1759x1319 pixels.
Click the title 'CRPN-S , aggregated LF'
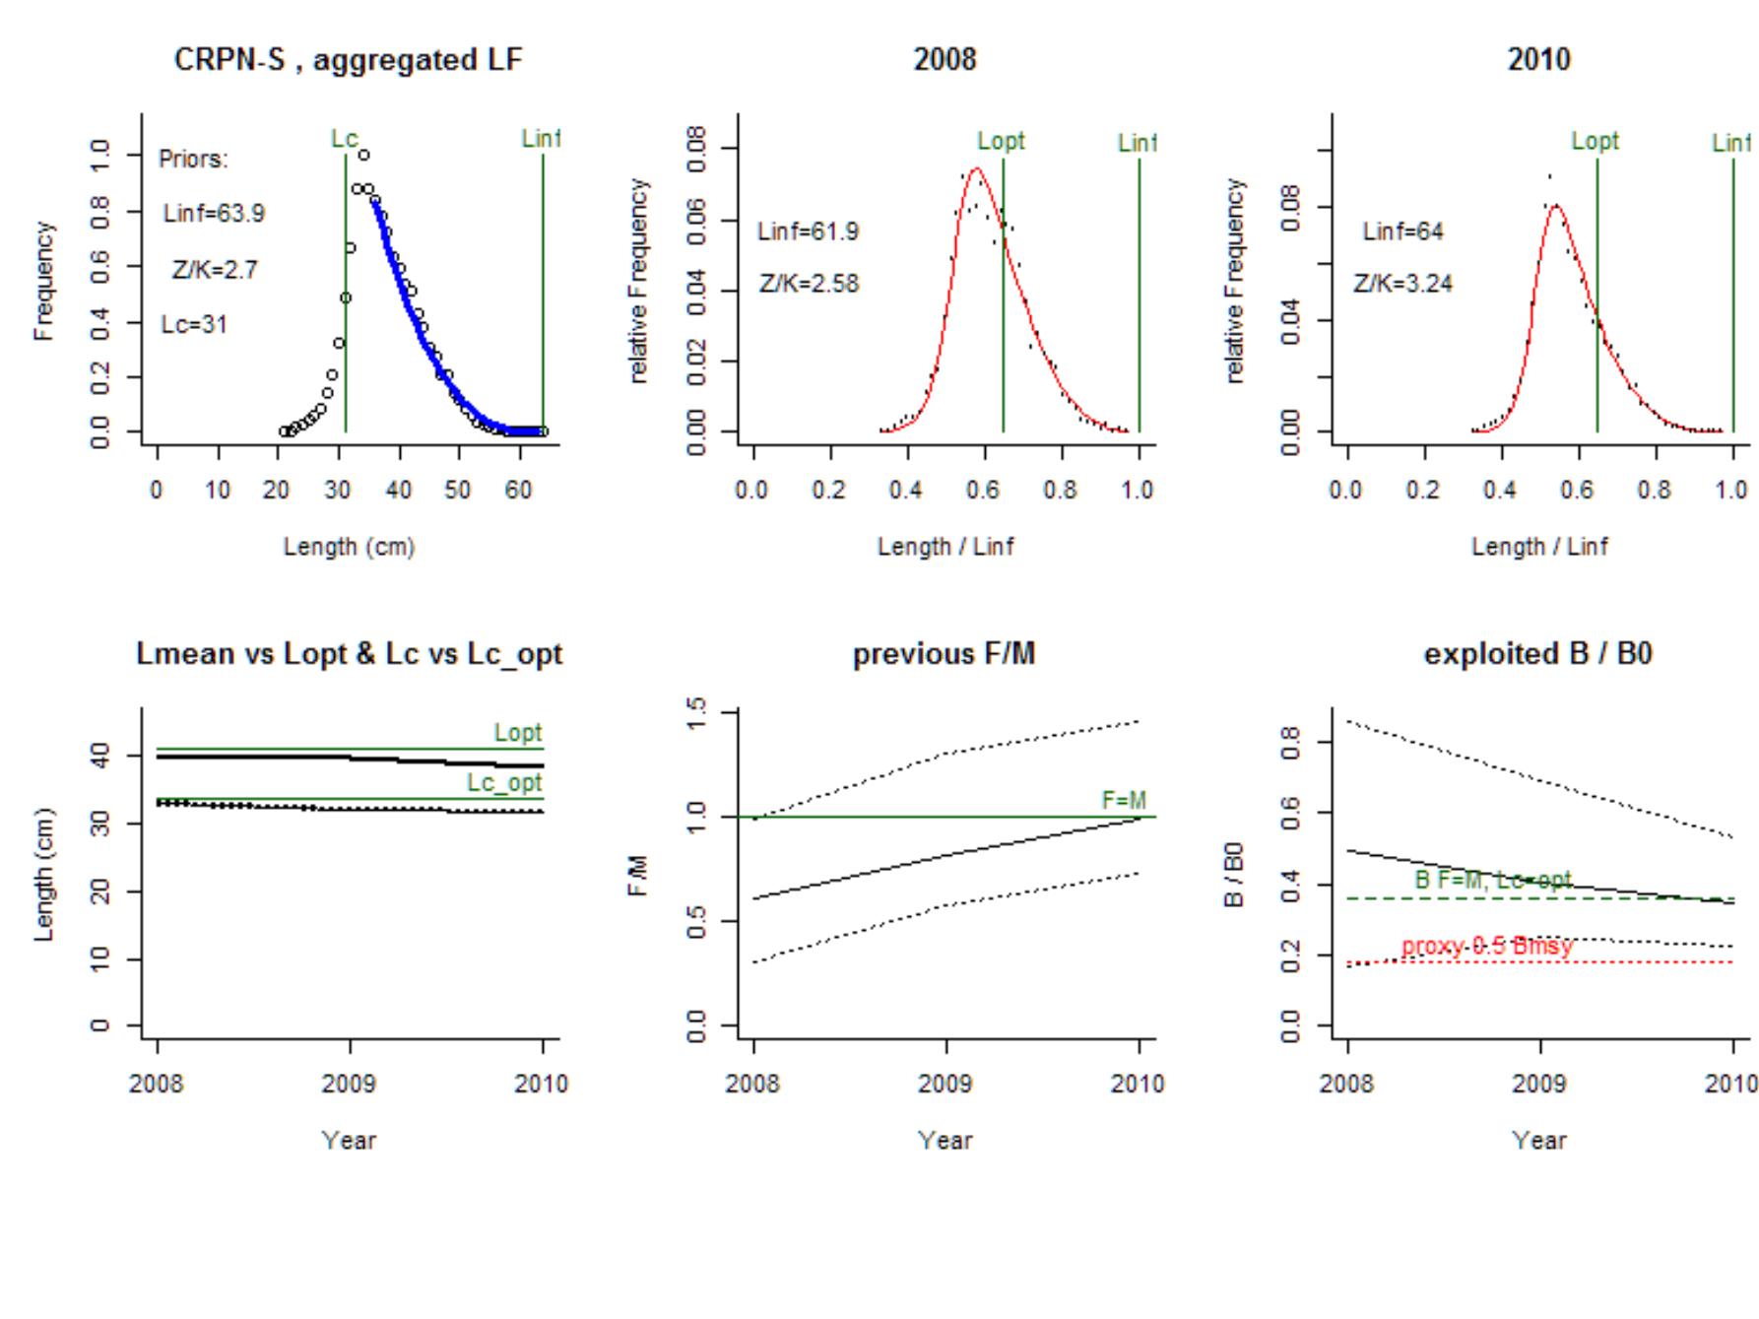[x=348, y=60]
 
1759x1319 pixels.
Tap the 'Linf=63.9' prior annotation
[x=214, y=214]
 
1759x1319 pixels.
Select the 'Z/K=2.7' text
[x=215, y=270]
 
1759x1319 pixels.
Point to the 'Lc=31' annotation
[x=194, y=325]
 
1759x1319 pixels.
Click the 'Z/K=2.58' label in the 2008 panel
[x=809, y=285]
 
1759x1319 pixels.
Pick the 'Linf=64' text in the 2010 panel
[x=1402, y=231]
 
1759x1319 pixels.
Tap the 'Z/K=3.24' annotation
[x=1402, y=285]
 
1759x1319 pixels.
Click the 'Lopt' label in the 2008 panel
[x=1001, y=141]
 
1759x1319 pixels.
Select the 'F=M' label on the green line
[x=1124, y=801]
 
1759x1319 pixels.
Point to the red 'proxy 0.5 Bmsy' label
[x=1487, y=947]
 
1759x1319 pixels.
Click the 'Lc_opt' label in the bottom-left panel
[x=504, y=783]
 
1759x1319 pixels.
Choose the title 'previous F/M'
[x=944, y=654]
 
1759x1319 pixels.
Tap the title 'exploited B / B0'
[x=1537, y=654]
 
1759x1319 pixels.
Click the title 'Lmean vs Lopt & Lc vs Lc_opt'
[x=349, y=654]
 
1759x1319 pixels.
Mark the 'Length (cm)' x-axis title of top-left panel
[x=349, y=547]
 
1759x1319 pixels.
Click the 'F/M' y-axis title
[x=641, y=877]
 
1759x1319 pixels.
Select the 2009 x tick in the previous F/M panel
[x=945, y=1085]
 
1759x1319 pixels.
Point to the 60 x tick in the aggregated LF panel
[x=518, y=491]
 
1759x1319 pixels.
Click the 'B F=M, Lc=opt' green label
[x=1493, y=880]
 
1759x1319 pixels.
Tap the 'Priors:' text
[x=193, y=160]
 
